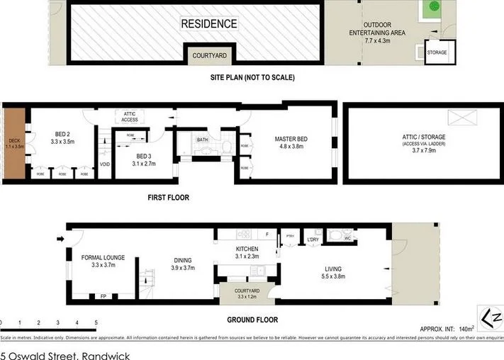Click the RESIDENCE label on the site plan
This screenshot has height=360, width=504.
coord(209,24)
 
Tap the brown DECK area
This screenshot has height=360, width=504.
coord(14,145)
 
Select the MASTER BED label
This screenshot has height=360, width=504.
coord(289,143)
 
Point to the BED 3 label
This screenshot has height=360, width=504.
coord(144,159)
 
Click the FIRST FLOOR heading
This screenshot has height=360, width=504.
coord(168,198)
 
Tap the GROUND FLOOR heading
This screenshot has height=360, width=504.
coord(252,320)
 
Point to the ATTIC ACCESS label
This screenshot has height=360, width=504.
coord(130,118)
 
